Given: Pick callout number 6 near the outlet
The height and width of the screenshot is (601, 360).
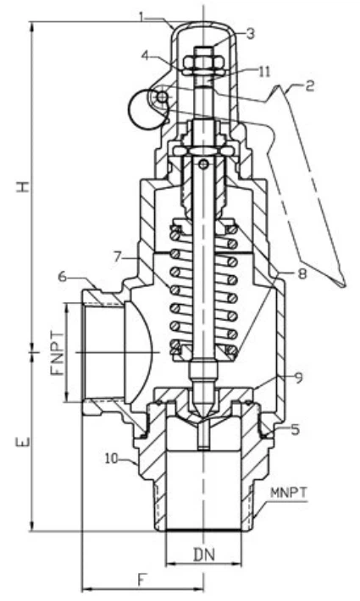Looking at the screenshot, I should point(61,277).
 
